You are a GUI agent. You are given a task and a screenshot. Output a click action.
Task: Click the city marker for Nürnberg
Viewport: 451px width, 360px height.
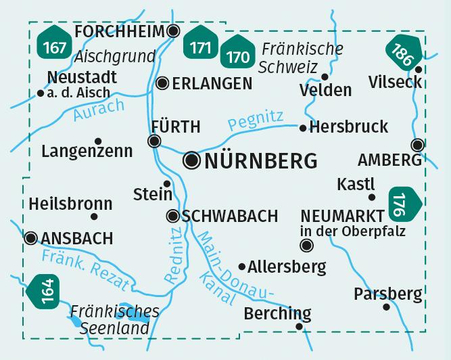(193, 160)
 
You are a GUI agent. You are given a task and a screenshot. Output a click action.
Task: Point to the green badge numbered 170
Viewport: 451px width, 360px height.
(234, 55)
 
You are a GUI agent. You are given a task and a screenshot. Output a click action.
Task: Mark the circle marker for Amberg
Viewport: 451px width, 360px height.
(418, 144)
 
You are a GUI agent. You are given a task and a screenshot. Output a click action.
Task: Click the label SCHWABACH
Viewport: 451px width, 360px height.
(230, 216)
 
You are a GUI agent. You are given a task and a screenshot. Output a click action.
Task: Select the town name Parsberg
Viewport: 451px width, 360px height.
(387, 294)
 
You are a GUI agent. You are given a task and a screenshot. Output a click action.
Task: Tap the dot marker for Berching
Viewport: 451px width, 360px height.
(300, 327)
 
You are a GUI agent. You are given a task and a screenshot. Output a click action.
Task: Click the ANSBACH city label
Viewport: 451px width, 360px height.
(76, 238)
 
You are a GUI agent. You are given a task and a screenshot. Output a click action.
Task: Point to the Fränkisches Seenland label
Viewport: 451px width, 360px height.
(115, 320)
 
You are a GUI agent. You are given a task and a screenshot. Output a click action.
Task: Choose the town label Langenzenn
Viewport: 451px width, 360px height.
(87, 152)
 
